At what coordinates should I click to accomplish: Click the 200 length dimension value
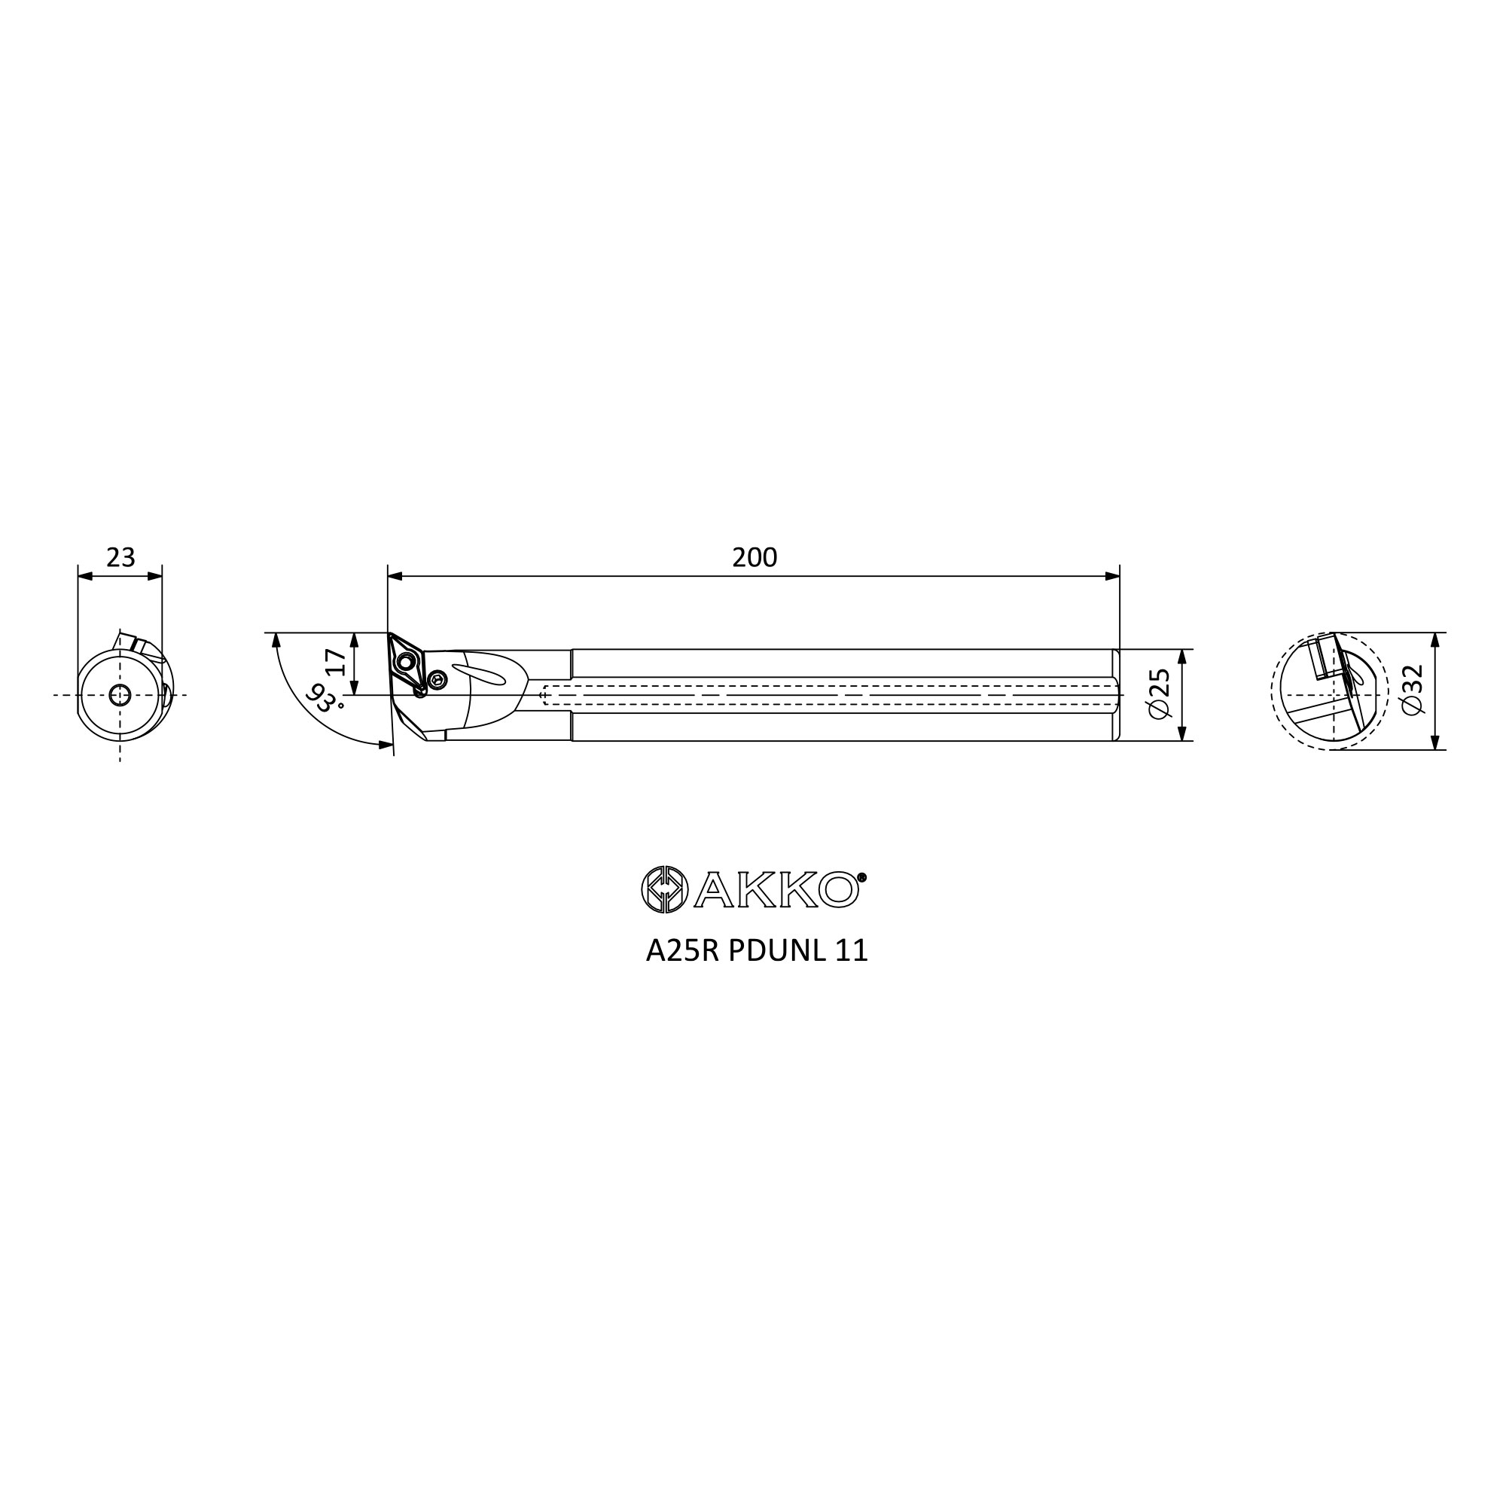pyautogui.click(x=755, y=557)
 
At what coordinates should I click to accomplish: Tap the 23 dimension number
pyautogui.click(x=120, y=557)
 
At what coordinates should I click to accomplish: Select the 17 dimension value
pyautogui.click(x=336, y=662)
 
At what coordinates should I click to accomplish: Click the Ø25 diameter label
pyautogui.click(x=1160, y=693)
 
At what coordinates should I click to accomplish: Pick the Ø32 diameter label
pyautogui.click(x=1412, y=689)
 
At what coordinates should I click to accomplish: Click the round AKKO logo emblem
pyautogui.click(x=664, y=889)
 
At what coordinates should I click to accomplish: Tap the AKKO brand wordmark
pyautogui.click(x=776, y=889)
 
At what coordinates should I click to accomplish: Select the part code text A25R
pyautogui.click(x=682, y=951)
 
